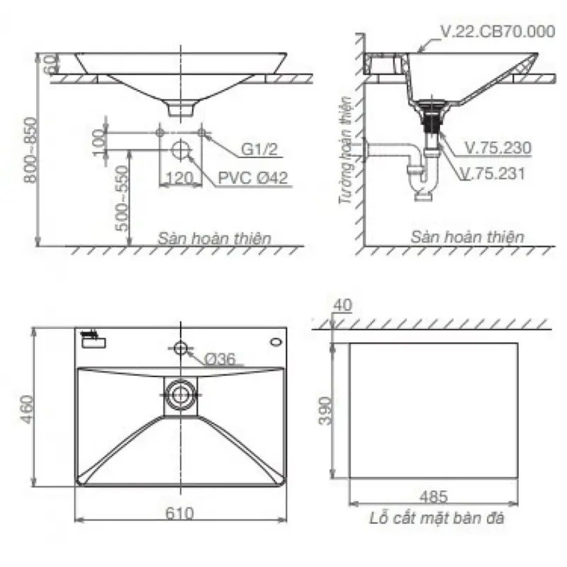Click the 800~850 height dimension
31,150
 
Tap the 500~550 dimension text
122,198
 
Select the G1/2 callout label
259,149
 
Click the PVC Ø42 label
253,178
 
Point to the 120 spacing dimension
179,178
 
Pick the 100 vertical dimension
98,142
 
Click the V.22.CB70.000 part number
498,31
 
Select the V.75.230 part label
498,147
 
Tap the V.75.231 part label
493,174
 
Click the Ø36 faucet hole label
220,359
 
